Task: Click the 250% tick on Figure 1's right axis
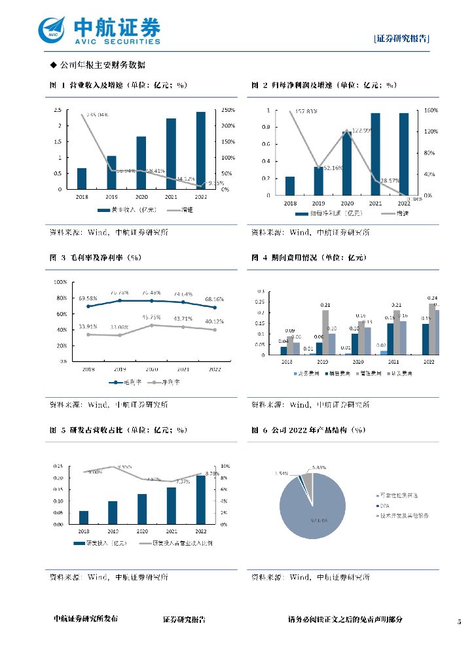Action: [229, 110]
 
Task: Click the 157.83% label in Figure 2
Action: [306, 111]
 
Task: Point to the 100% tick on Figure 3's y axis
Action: [60, 282]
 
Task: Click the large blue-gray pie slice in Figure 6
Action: [308, 510]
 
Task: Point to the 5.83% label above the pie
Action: [319, 467]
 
